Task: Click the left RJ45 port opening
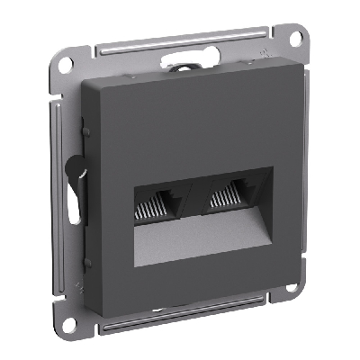coord(156,209)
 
